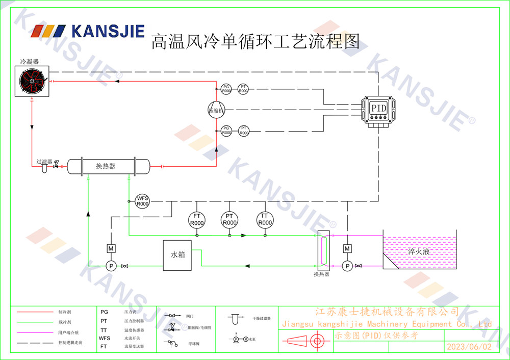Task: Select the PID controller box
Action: pos(378,108)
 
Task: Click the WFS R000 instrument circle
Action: pos(142,201)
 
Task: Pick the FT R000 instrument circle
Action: pos(196,220)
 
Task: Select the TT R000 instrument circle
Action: pos(264,220)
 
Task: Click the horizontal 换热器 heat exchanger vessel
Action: pos(108,166)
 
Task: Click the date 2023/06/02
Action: pos(469,347)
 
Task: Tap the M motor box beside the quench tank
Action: pos(347,248)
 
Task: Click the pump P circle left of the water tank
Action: pos(110,266)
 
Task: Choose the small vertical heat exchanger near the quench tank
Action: pos(321,250)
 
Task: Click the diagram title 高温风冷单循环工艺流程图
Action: pos(255,41)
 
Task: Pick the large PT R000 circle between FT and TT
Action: pos(230,220)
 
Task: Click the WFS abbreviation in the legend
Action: pos(104,338)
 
